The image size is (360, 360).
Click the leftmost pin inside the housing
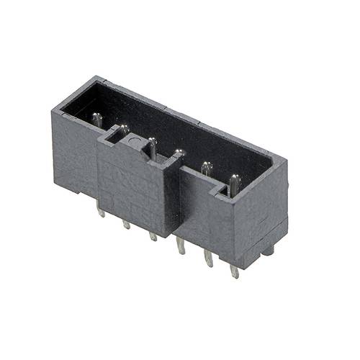[x=96, y=120]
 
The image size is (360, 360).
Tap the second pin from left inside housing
[x=124, y=130]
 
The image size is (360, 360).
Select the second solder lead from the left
[x=127, y=224]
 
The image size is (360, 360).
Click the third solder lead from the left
[x=153, y=235]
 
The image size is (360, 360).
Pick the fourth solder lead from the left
[x=180, y=249]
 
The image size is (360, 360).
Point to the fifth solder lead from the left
[x=209, y=259]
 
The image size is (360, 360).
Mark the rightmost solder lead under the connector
[x=234, y=271]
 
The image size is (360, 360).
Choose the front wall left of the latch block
[x=78, y=155]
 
